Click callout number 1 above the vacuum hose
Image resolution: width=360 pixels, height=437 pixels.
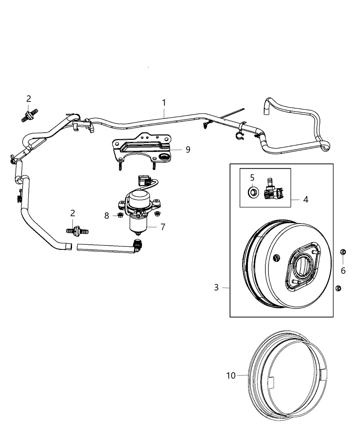pyautogui.click(x=164, y=102)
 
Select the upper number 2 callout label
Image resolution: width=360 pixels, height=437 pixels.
pyautogui.click(x=29, y=99)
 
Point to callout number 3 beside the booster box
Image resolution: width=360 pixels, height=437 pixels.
pyautogui.click(x=216, y=287)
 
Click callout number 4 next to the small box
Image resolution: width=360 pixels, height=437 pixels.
pyautogui.click(x=305, y=199)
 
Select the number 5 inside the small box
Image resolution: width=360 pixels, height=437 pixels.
pyautogui.click(x=252, y=178)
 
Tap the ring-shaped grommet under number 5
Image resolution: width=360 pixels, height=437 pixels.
pyautogui.click(x=253, y=191)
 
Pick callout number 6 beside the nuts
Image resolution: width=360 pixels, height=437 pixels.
pyautogui.click(x=343, y=270)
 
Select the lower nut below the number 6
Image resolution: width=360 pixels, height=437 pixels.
pyautogui.click(x=337, y=288)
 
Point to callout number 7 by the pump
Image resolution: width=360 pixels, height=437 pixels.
pyautogui.click(x=163, y=227)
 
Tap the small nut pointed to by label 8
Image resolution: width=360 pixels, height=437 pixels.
pyautogui.click(x=120, y=215)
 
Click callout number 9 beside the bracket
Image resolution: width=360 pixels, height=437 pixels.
pyautogui.click(x=188, y=149)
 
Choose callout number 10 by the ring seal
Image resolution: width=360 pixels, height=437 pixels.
pyautogui.click(x=231, y=376)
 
